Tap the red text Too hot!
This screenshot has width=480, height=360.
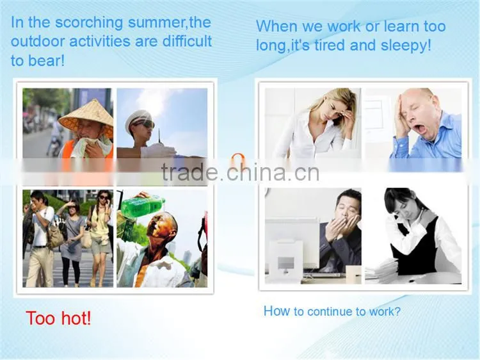point(58,318)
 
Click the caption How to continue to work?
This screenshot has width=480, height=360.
point(332,311)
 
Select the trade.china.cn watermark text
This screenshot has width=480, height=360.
point(240,172)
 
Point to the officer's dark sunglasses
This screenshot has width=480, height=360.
point(146,125)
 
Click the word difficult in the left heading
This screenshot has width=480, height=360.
point(187,42)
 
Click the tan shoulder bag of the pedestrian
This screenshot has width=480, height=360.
point(56,235)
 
